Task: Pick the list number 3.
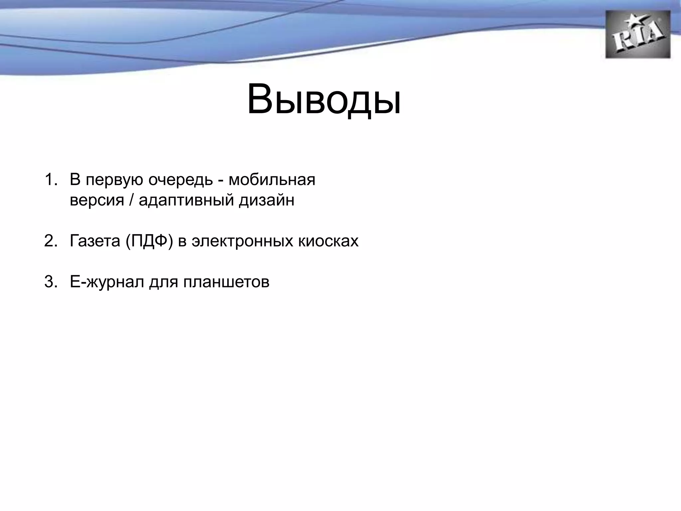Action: pos(51,282)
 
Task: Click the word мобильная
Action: pos(272,180)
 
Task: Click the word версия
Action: pos(97,201)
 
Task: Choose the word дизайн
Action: pos(266,201)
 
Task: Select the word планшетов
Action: pos(226,282)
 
